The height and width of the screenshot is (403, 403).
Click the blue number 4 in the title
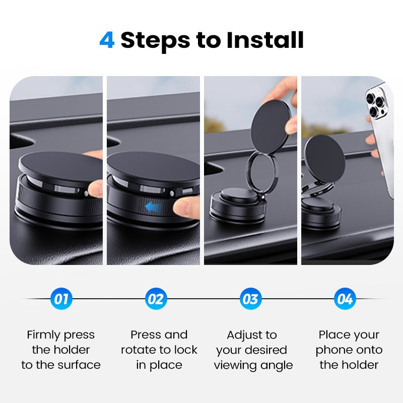107,40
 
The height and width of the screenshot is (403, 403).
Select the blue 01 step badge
61,299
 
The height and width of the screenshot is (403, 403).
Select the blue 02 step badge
156,299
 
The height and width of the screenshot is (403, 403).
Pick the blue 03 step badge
250,299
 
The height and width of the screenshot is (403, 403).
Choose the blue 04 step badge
345,299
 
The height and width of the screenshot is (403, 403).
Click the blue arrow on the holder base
155,206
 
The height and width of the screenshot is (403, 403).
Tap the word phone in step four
333,350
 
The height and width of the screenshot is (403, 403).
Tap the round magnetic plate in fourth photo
324,156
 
